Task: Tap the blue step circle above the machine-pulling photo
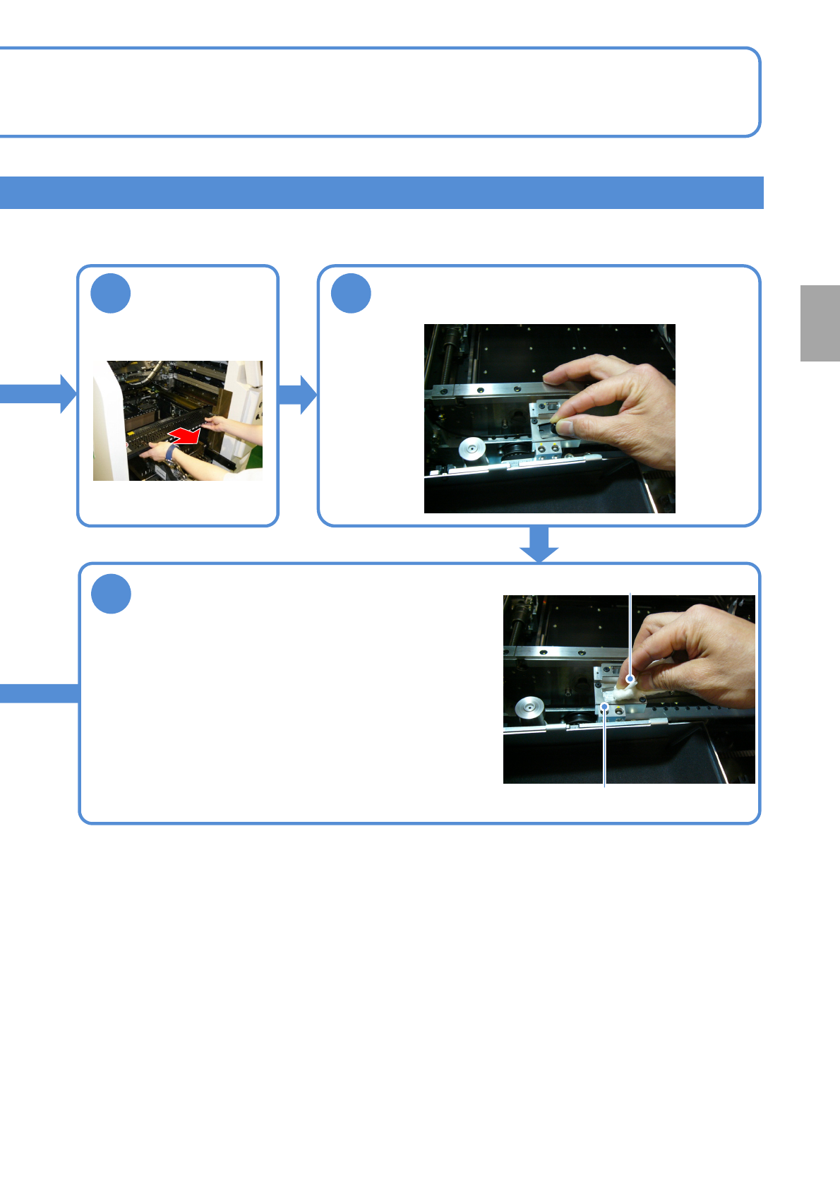[x=111, y=293]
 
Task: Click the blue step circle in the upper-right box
[x=351, y=293]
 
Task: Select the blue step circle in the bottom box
[x=111, y=594]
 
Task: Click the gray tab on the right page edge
[x=820, y=323]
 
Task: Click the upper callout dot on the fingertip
[x=630, y=679]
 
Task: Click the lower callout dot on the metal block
[x=605, y=706]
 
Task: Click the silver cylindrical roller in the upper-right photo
[x=471, y=448]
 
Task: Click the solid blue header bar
[x=381, y=193]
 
